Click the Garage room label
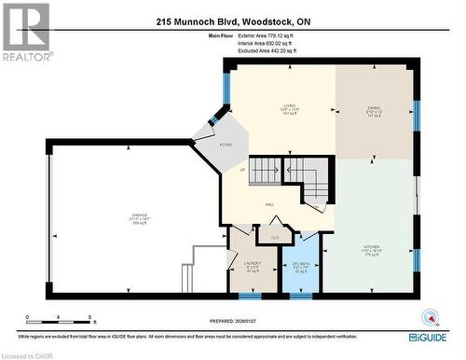(139, 216)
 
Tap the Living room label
(290, 106)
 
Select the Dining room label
(374, 109)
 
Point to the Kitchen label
(373, 247)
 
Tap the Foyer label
(226, 145)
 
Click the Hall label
(269, 203)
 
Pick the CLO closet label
(275, 239)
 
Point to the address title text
(232, 21)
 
